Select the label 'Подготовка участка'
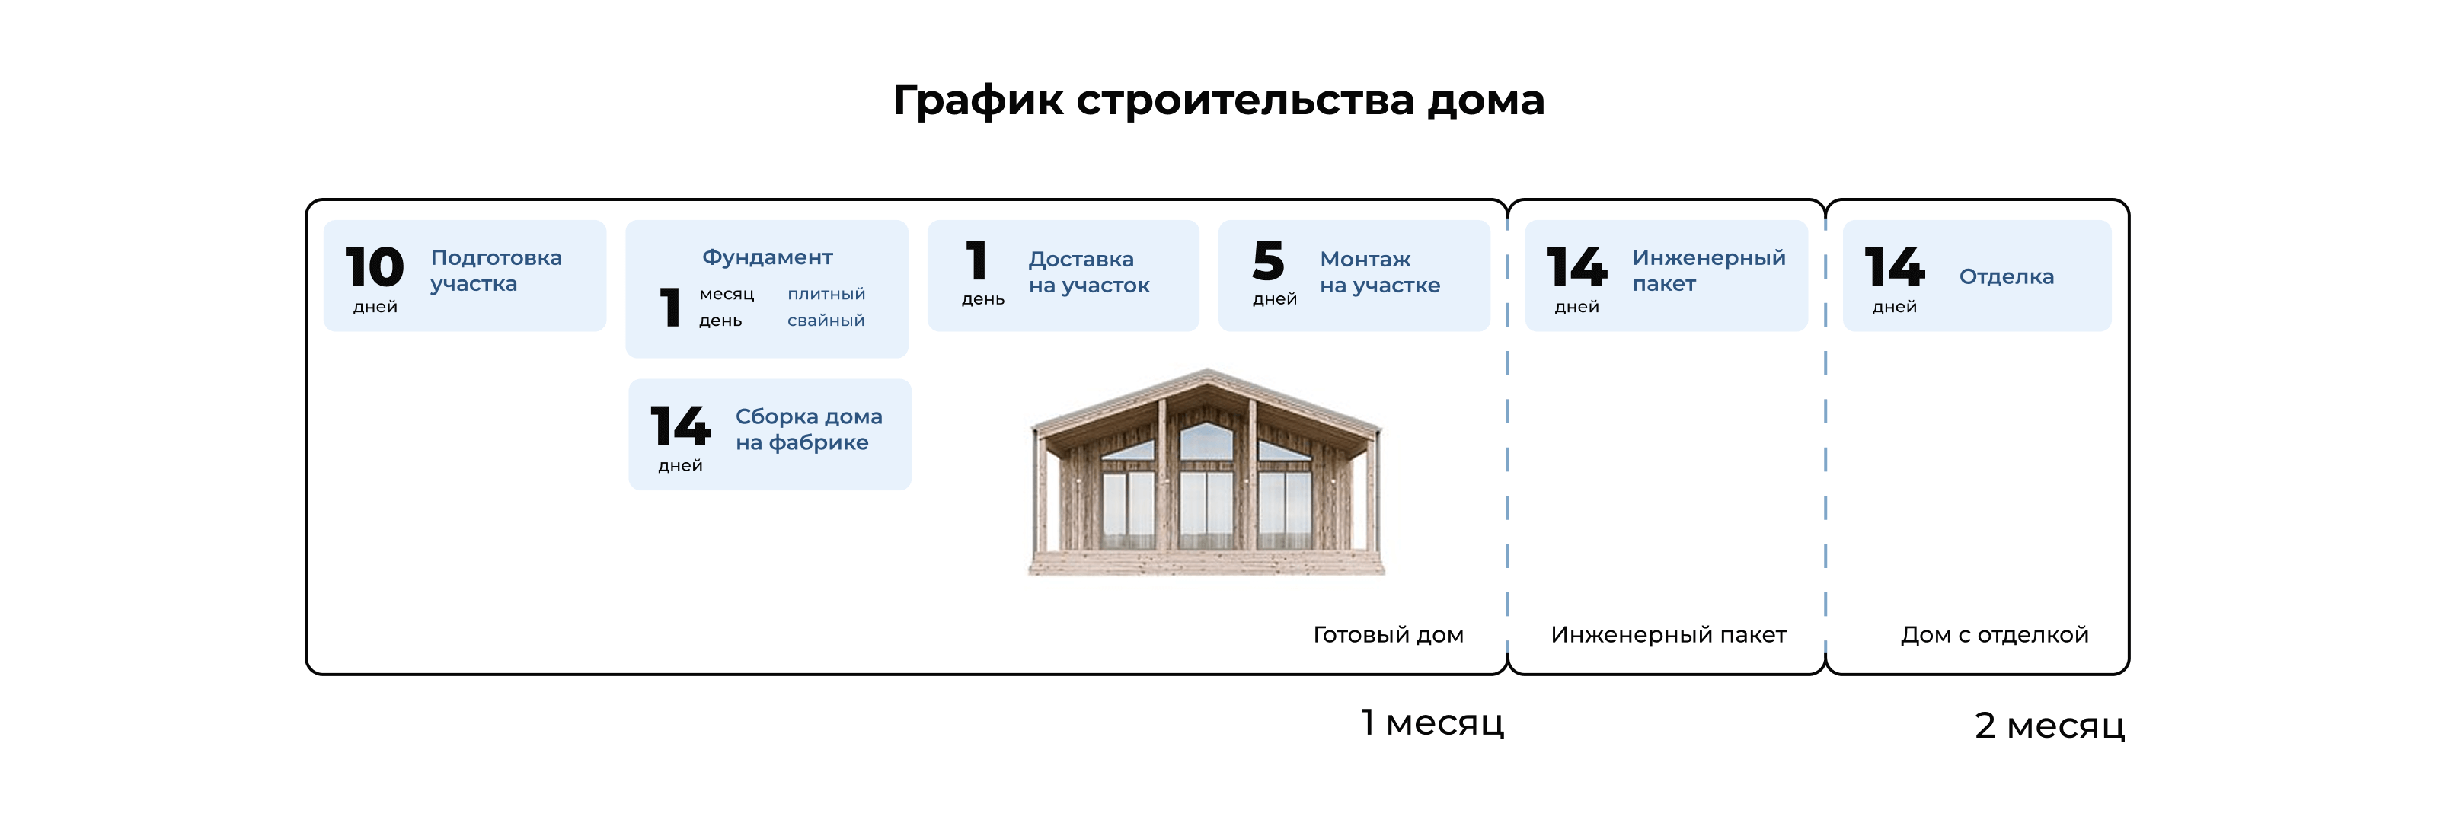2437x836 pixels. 496,270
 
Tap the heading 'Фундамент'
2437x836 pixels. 767,257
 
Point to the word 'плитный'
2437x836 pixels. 826,294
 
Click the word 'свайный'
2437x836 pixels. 826,321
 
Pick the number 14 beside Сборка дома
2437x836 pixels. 680,426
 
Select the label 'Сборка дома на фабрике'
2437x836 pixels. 808,429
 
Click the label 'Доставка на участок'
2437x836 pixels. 1089,273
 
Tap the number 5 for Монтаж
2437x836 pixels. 1268,261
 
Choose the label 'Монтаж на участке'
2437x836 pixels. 1379,273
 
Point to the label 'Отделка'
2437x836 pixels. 2006,277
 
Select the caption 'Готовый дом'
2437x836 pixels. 1388,634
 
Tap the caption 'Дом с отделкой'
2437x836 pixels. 1995,634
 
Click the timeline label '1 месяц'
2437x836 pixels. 1432,723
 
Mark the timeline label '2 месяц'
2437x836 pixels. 2049,726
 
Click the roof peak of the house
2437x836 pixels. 1206,372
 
